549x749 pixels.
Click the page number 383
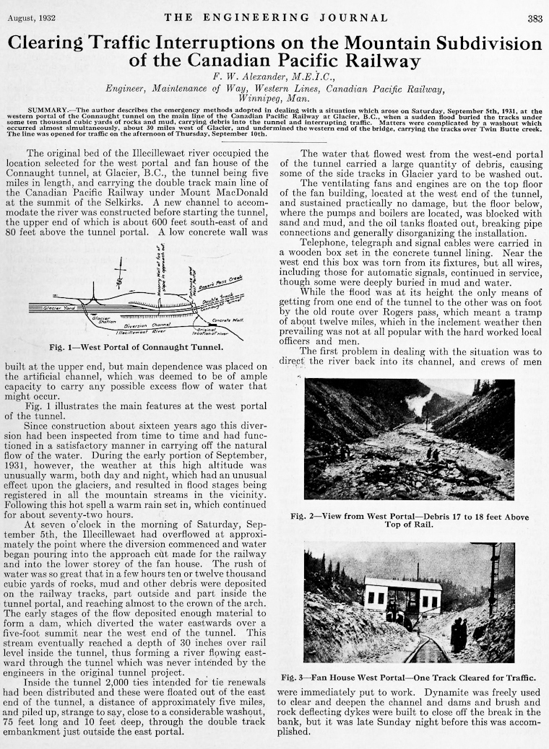535,19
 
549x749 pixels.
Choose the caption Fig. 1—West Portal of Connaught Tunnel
136,347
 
